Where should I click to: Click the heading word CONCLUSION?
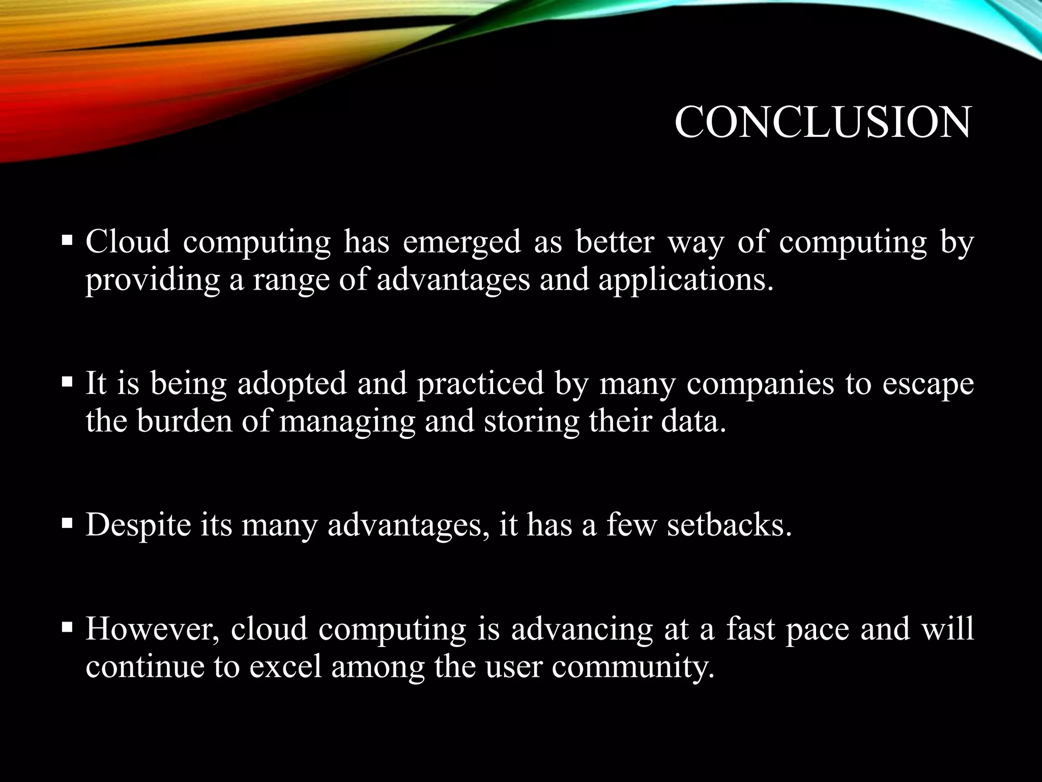coord(822,123)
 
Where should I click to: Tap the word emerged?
coord(461,242)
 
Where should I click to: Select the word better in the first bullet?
coord(614,242)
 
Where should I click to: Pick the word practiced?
coord(480,383)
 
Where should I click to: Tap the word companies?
coord(760,383)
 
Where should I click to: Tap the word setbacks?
coord(729,525)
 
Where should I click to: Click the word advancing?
coord(582,629)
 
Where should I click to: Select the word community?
coord(633,667)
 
